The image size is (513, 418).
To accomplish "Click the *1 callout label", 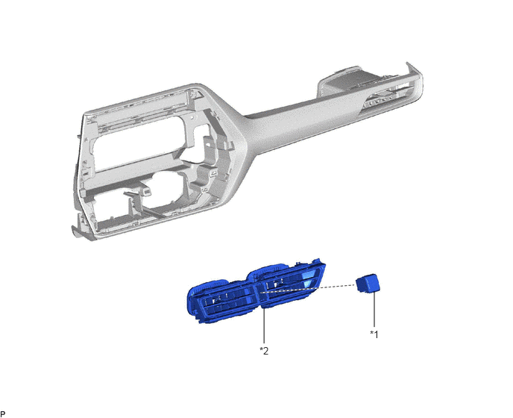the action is (x=374, y=334).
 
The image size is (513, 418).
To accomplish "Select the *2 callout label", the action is (x=264, y=351).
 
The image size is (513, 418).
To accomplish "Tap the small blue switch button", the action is (x=368, y=283).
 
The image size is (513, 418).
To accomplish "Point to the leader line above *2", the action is (x=264, y=326).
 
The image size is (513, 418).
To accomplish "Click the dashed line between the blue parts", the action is (x=308, y=288).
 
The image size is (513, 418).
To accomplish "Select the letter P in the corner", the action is (x=3, y=414).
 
